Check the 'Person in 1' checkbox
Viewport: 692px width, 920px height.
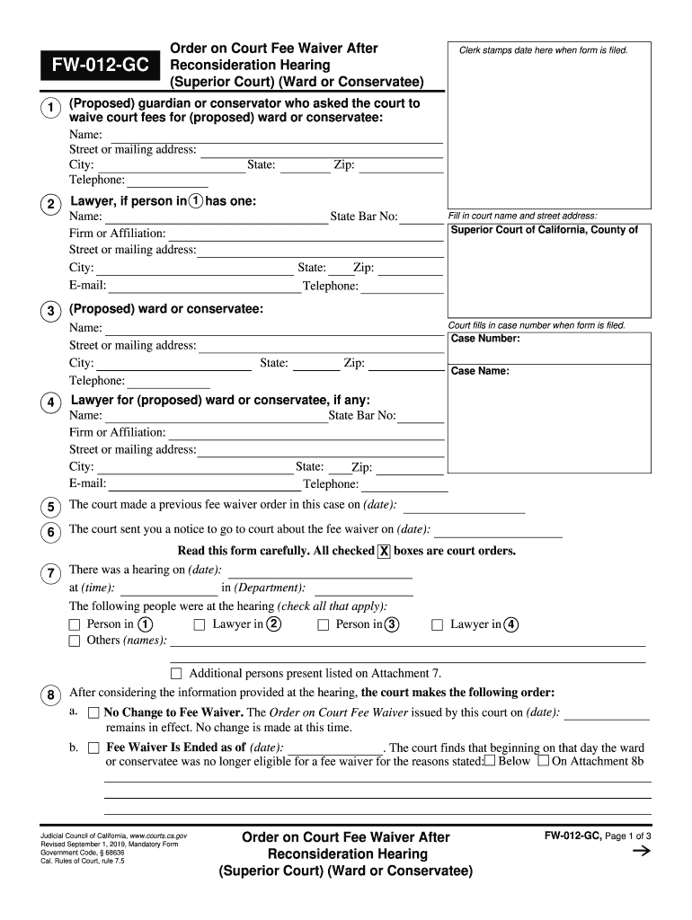tap(75, 624)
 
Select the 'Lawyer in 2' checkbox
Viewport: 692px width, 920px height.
tap(200, 624)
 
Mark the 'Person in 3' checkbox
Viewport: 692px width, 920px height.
tap(324, 624)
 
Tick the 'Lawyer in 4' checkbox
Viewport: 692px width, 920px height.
tap(438, 624)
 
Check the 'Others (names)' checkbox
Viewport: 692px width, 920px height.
tap(75, 641)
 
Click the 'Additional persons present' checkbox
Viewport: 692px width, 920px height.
tap(176, 674)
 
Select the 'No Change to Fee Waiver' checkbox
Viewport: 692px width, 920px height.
tap(93, 713)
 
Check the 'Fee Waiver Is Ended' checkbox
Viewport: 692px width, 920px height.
tap(93, 747)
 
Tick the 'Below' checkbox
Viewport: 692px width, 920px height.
tap(490, 761)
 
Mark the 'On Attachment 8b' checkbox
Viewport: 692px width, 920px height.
tap(543, 761)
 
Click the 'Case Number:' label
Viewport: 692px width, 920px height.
tap(485, 339)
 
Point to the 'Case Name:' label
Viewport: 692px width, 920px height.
tap(480, 371)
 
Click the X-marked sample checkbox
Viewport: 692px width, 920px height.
tap(384, 552)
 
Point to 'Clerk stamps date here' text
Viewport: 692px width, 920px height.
tap(544, 50)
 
